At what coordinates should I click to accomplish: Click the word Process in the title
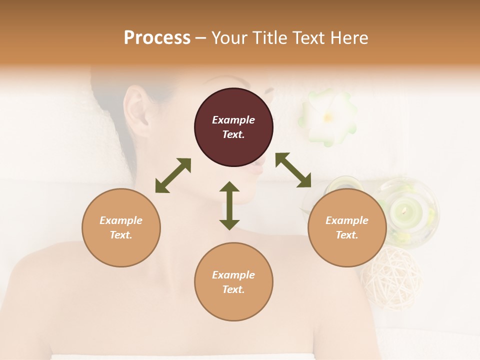[157, 38]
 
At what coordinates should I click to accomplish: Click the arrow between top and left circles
[173, 175]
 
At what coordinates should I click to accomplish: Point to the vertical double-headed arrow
[229, 205]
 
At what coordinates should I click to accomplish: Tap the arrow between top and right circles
[293, 170]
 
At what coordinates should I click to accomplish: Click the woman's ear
[136, 112]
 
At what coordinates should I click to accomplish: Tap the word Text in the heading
[310, 38]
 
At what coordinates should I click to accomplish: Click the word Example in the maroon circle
[233, 120]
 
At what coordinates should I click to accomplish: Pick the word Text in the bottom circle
[233, 289]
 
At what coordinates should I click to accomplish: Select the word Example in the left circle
[121, 220]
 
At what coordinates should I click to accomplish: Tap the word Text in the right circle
[347, 235]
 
